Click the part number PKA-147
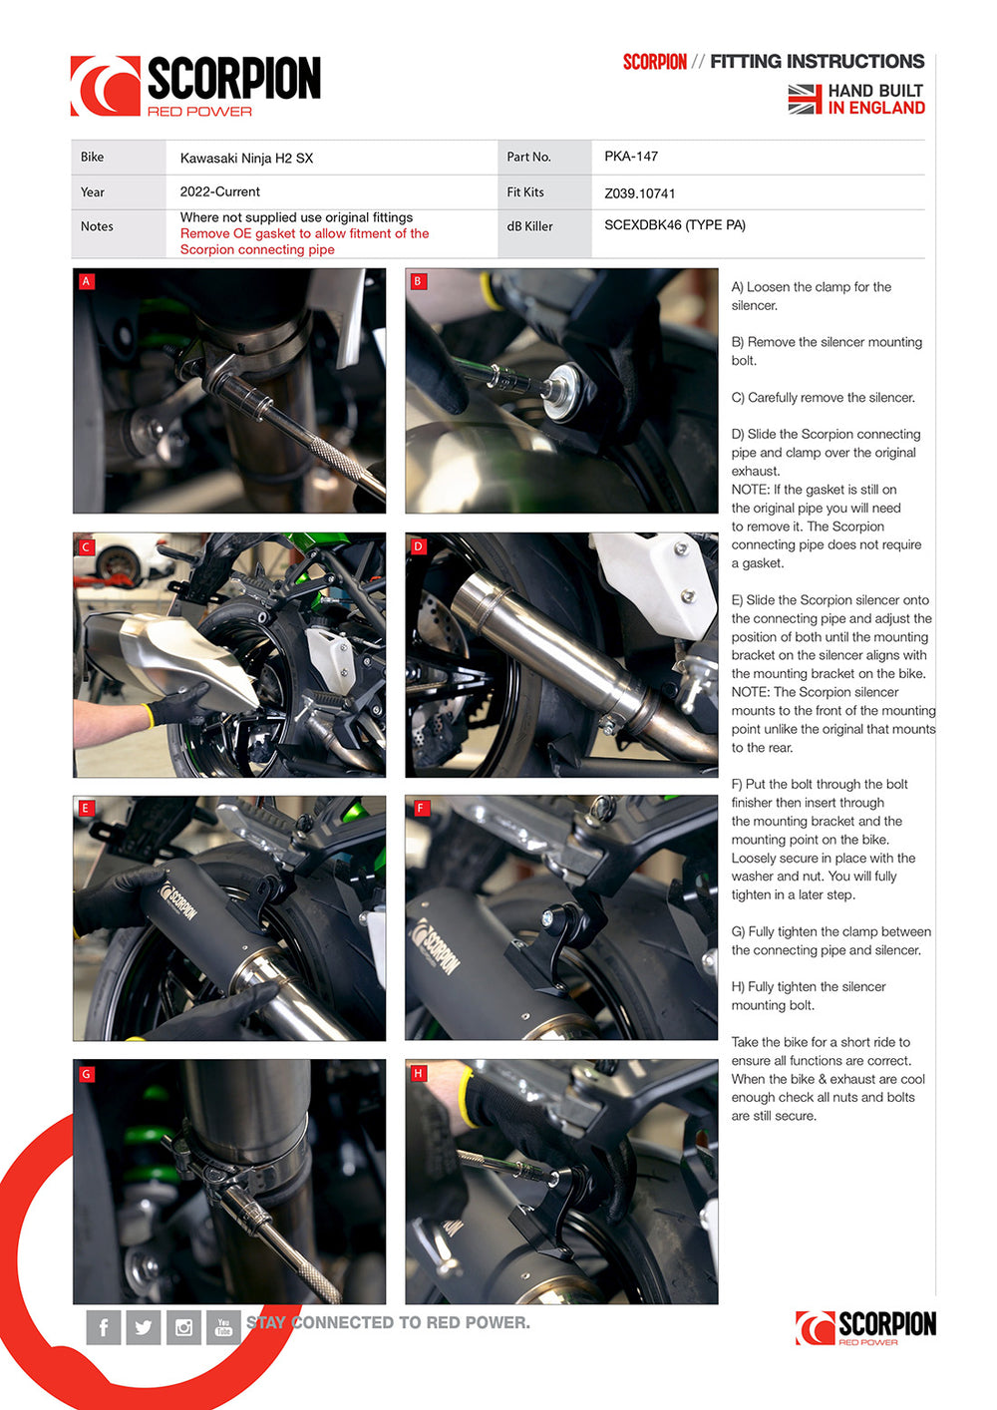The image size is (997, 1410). coord(631,157)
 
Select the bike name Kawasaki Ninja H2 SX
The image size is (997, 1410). coord(246,158)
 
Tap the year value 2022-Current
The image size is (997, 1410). coord(219,191)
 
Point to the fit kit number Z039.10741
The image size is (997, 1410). coord(639,193)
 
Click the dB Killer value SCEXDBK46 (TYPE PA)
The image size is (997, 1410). coord(675,225)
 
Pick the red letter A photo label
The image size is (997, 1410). coord(86,281)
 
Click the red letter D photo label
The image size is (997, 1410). coord(419,546)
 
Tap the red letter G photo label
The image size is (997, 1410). coord(86,1074)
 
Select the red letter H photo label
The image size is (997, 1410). coord(419,1073)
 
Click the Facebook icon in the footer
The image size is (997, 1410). coord(104,1327)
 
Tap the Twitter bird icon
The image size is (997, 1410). coord(144,1327)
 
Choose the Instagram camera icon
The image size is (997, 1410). coord(183,1327)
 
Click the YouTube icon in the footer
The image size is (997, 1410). coord(223,1327)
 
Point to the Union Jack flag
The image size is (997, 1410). coord(805,100)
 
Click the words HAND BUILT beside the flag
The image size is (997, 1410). coord(875,91)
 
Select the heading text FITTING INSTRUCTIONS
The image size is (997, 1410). coord(817,62)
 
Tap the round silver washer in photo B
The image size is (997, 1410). coord(562,392)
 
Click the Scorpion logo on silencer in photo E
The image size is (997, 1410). coord(179,901)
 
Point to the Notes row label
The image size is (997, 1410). coord(97,226)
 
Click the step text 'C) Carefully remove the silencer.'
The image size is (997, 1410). coord(824,398)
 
